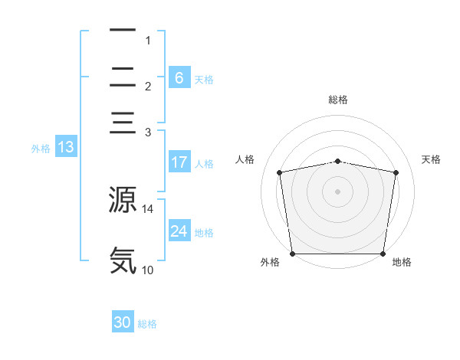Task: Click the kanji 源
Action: click(x=123, y=199)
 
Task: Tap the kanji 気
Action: click(x=123, y=260)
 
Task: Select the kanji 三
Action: click(x=123, y=123)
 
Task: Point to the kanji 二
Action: click(x=123, y=77)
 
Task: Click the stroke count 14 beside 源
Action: click(x=147, y=209)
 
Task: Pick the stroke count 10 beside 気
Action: click(x=147, y=270)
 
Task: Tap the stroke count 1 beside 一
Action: click(x=148, y=41)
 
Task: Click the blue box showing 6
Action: click(x=179, y=77)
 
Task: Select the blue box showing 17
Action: click(x=179, y=162)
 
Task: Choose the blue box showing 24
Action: click(x=179, y=230)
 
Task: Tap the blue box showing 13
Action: click(x=66, y=146)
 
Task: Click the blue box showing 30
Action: click(x=123, y=321)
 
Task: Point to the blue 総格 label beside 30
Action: click(x=147, y=324)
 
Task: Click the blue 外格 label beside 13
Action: click(x=41, y=149)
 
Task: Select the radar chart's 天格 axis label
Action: click(x=431, y=159)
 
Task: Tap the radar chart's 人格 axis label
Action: click(x=245, y=159)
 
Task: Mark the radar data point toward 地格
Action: click(x=383, y=254)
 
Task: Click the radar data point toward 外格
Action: click(x=293, y=254)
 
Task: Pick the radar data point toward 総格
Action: click(x=337, y=162)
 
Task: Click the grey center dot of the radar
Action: click(x=337, y=191)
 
